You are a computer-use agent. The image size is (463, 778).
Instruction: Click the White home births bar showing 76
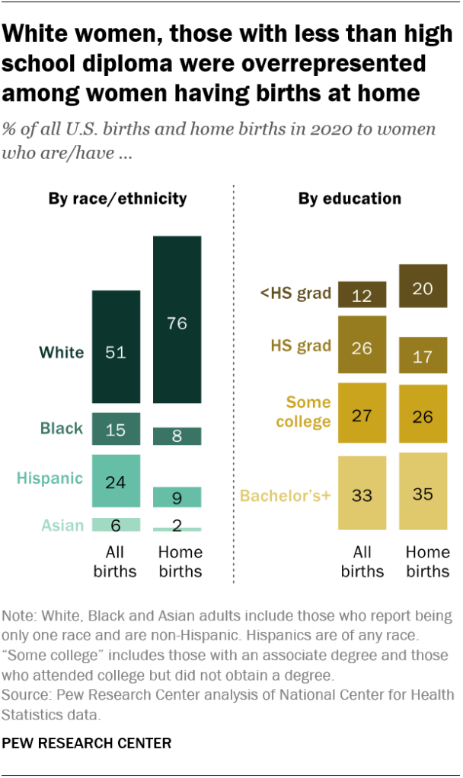177,319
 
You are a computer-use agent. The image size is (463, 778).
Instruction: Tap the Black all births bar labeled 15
116,429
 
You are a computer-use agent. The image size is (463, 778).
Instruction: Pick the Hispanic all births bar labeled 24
116,481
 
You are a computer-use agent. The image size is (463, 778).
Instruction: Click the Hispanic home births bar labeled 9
177,497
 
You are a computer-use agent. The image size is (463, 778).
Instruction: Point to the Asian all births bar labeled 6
116,525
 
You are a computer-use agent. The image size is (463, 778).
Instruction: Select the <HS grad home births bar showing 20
423,286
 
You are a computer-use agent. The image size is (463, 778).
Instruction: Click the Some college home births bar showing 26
423,414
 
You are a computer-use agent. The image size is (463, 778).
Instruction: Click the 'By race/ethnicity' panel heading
117,199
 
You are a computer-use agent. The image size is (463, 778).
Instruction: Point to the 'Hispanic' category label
50,478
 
